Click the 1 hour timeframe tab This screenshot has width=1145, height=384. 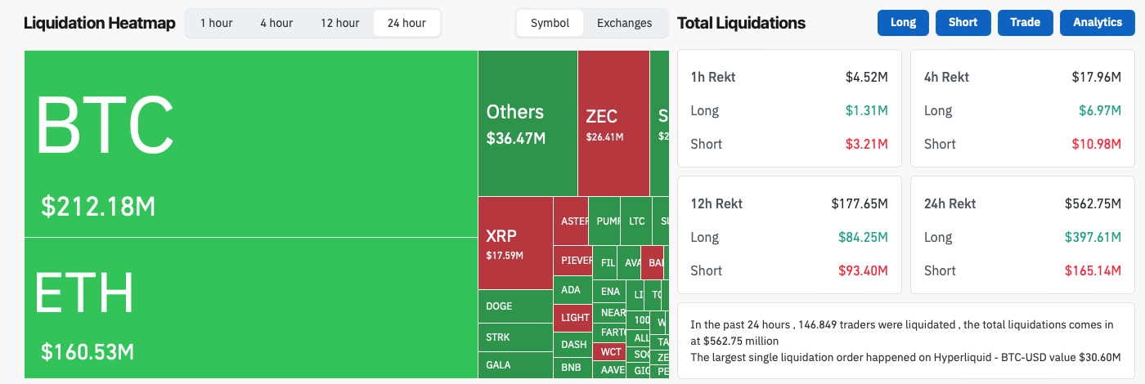[x=217, y=23]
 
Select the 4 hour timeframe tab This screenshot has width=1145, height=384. [x=276, y=23]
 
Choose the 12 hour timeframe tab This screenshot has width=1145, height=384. [x=339, y=23]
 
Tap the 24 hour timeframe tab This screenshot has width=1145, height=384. [x=406, y=23]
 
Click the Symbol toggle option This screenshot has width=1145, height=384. [x=550, y=23]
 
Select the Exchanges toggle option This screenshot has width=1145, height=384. [x=624, y=23]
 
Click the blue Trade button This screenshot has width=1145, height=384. [x=1025, y=23]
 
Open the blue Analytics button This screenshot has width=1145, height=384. [x=1098, y=23]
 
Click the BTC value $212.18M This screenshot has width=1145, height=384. [x=98, y=207]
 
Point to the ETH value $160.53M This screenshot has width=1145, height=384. [x=88, y=353]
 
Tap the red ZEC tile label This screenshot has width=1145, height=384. [x=601, y=117]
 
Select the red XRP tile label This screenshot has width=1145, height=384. [x=501, y=236]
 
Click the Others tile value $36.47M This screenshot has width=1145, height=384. [x=516, y=138]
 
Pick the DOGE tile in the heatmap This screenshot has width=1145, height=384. [x=499, y=306]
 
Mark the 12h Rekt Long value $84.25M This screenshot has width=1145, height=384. [x=863, y=237]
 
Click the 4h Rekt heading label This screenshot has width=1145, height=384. [x=946, y=77]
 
